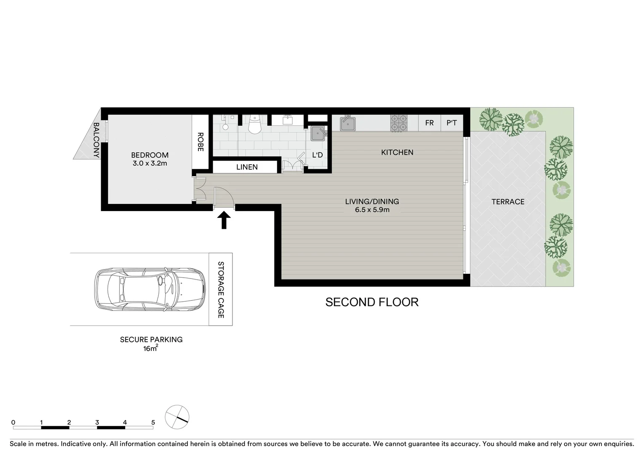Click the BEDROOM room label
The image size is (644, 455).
(x=150, y=155)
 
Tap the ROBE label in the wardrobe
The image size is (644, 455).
(x=200, y=142)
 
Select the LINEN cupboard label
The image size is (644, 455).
(x=247, y=167)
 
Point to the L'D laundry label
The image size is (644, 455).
(x=317, y=155)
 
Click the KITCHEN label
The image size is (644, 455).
(x=397, y=153)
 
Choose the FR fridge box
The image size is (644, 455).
(x=429, y=123)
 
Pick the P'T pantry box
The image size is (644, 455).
(x=452, y=123)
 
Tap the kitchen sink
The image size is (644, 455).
(x=348, y=123)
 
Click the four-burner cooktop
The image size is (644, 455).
(x=399, y=123)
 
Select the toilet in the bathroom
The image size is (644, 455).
(x=255, y=124)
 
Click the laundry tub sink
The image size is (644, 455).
(x=318, y=134)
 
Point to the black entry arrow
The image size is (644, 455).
(x=224, y=220)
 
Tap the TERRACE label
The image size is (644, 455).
(x=508, y=202)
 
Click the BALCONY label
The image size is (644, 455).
(x=96, y=140)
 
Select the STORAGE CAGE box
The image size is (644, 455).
(x=221, y=289)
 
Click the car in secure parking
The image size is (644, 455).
(x=150, y=289)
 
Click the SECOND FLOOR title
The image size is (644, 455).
(x=372, y=302)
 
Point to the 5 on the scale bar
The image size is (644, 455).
(x=153, y=423)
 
